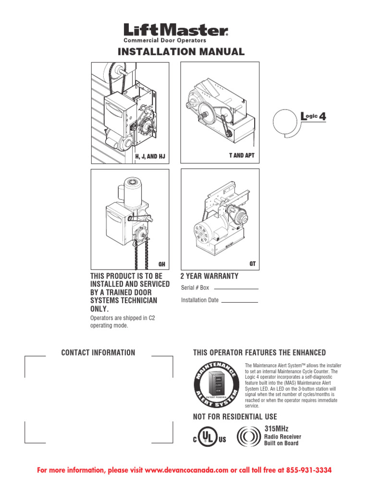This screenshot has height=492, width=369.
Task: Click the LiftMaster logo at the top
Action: coord(176,30)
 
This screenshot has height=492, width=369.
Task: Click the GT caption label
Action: coord(252,264)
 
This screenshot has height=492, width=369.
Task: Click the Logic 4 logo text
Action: coord(313,116)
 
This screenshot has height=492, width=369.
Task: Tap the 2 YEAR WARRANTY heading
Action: coord(209,276)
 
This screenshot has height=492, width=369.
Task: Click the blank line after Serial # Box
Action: coord(236,288)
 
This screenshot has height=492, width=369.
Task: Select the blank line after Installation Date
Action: coord(240,301)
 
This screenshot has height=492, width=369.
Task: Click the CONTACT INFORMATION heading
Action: coord(98,353)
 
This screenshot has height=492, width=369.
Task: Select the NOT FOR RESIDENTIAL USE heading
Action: coord(235,417)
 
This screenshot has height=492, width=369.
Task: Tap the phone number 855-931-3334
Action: coord(305,469)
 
